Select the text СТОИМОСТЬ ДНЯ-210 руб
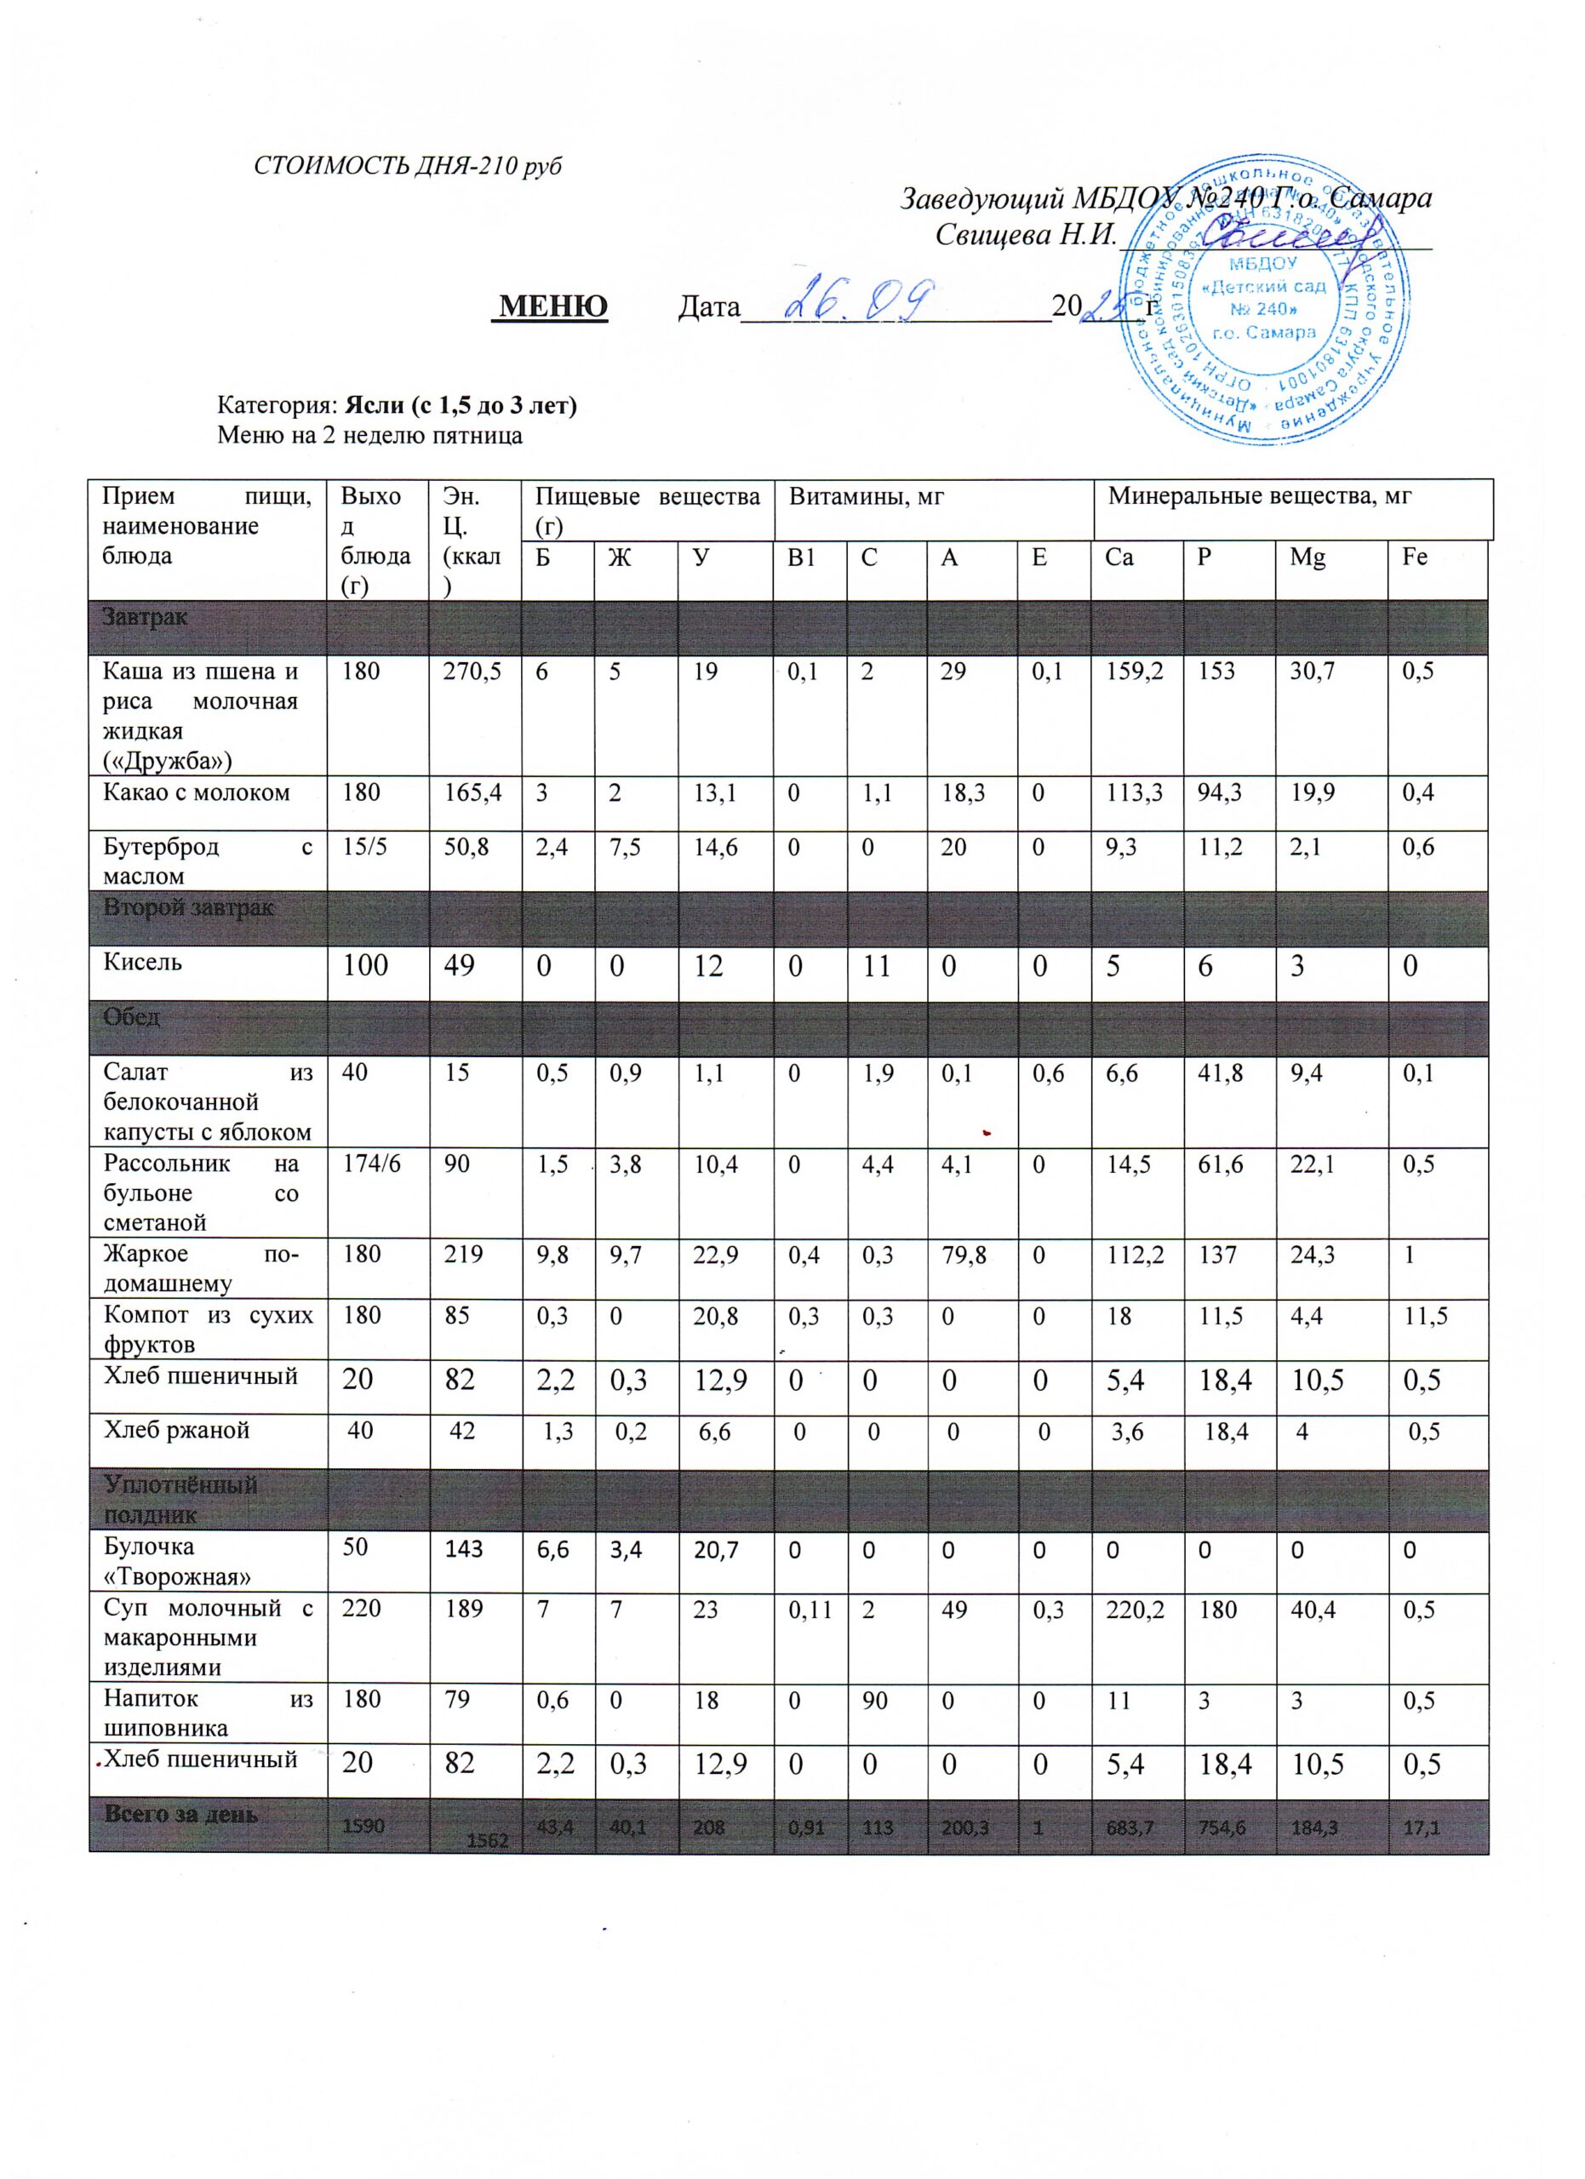tap(407, 166)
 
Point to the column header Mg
tap(1306, 558)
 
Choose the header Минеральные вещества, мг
tap(1259, 497)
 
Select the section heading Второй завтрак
tap(188, 907)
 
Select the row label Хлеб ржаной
tap(177, 1431)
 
